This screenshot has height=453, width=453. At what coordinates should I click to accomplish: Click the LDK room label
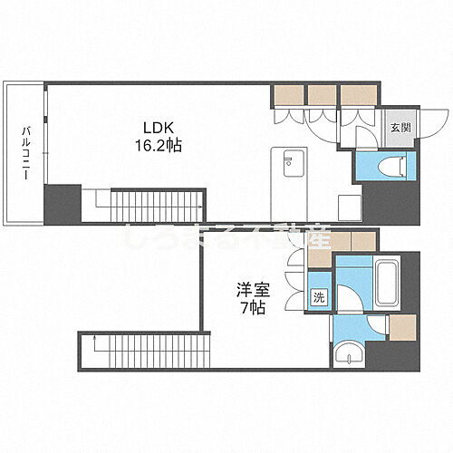(x=153, y=129)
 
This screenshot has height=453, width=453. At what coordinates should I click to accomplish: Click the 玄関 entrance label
(x=400, y=129)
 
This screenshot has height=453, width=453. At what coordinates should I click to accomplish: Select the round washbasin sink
(x=348, y=355)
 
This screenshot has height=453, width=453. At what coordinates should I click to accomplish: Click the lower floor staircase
(x=145, y=348)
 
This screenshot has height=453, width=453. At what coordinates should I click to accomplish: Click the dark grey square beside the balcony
(x=63, y=204)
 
